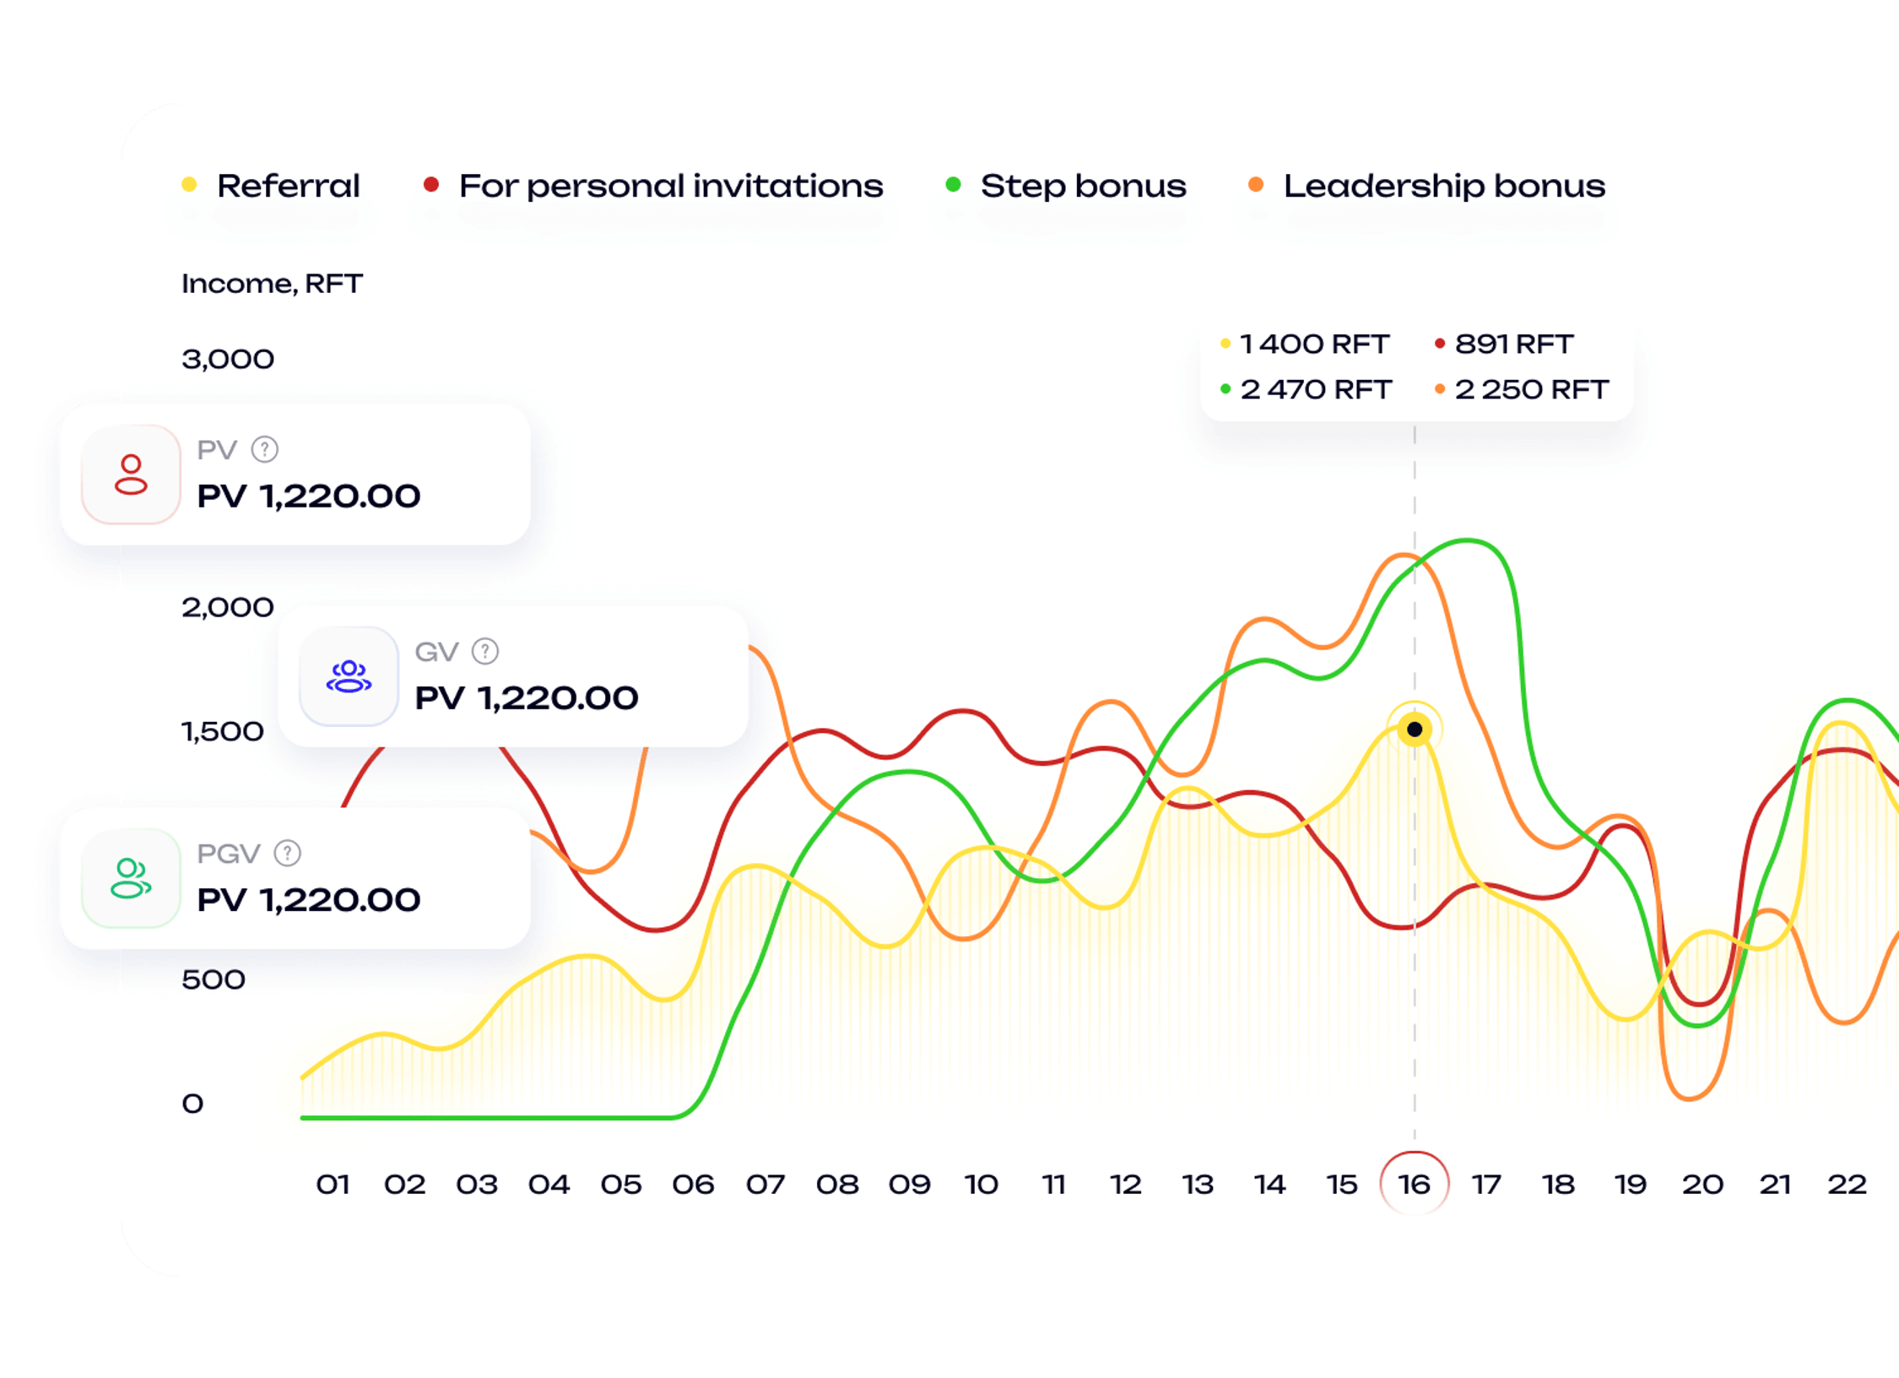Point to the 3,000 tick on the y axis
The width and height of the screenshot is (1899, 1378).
coord(228,360)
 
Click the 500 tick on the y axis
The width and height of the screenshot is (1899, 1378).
coord(214,979)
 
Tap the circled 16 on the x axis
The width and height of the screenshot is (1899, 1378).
coord(1415,1185)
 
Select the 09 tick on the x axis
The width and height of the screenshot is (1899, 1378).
coord(909,1185)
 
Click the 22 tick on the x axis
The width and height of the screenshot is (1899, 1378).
coord(1847,1185)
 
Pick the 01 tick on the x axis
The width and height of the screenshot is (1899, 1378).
coord(333,1185)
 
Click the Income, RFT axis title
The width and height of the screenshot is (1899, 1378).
coord(272,284)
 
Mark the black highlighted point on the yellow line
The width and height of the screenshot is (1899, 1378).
coord(1415,729)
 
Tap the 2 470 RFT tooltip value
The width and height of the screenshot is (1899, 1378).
coord(1315,389)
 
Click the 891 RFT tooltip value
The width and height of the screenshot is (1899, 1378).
coord(1513,344)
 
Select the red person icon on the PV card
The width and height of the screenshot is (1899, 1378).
coord(131,475)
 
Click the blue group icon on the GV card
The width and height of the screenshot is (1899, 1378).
coord(349,677)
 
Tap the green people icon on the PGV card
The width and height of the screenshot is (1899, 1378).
coord(131,879)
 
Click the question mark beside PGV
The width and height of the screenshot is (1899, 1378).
coord(288,854)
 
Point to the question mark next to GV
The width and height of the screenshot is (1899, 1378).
coord(485,652)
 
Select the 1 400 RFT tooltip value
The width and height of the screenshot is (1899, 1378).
coord(1314,344)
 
